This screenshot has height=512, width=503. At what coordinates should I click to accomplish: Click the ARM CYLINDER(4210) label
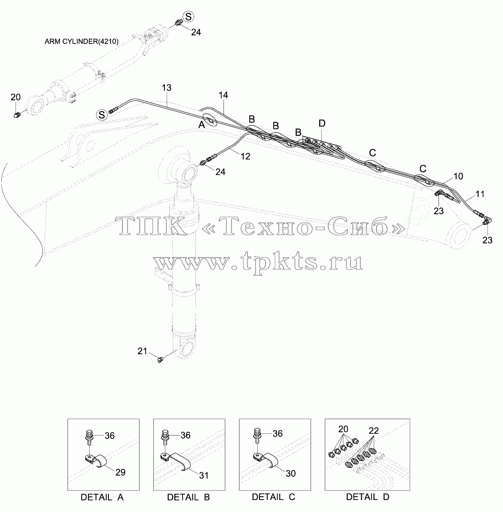click(x=82, y=42)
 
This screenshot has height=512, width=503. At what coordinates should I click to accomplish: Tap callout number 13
click(x=167, y=88)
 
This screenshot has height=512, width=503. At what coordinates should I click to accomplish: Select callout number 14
click(x=223, y=95)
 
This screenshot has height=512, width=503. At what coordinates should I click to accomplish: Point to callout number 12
click(x=245, y=156)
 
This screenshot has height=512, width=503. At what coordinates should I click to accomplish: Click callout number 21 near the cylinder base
click(x=142, y=351)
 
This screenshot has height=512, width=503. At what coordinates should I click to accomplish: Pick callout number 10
click(x=458, y=176)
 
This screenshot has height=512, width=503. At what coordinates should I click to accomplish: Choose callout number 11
click(x=480, y=194)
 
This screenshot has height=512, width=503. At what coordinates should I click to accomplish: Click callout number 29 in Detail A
click(x=120, y=472)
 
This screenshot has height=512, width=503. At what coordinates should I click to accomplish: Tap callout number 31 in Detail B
click(x=204, y=476)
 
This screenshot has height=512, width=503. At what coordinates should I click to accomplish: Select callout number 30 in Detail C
click(x=291, y=473)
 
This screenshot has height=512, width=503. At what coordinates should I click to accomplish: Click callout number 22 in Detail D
click(x=374, y=431)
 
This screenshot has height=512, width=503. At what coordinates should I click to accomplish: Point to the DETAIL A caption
click(x=102, y=497)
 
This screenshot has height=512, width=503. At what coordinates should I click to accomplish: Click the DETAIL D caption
click(x=367, y=497)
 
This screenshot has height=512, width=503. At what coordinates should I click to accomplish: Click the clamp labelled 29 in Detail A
click(x=96, y=461)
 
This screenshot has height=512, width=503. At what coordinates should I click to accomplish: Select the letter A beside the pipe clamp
click(x=202, y=125)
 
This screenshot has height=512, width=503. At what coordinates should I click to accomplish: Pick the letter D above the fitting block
click(x=322, y=124)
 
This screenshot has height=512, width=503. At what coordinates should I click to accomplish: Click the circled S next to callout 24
click(x=188, y=16)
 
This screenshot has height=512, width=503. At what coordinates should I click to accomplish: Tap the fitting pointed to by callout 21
click(x=160, y=360)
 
